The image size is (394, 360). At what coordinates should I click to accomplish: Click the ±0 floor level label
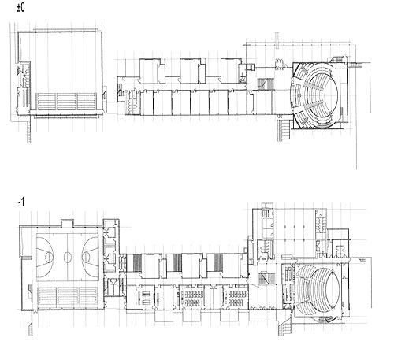pos(20,7)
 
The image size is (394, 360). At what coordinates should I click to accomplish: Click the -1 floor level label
pos(21,202)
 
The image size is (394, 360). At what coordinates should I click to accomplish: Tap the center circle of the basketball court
pos(68,257)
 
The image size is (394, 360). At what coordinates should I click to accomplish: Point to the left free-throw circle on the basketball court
pos(49,257)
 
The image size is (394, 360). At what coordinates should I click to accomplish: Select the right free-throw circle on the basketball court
pos(86,257)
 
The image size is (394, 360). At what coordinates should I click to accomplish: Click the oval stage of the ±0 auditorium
pos(329,95)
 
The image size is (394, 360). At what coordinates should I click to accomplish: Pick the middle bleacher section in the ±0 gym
pos(66,102)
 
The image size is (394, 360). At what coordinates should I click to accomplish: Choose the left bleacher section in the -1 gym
pos(47,298)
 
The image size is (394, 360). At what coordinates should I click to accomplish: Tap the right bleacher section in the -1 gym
pos(89,298)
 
